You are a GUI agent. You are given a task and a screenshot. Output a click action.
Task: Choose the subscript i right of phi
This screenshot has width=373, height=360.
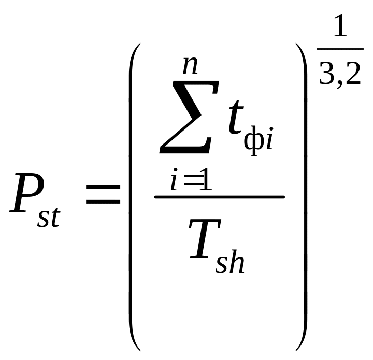click(269, 140)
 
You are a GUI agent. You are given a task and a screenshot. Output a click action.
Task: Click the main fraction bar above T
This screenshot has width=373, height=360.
click(219, 197)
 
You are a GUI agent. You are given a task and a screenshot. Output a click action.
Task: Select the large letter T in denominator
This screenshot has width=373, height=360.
click(206, 239)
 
